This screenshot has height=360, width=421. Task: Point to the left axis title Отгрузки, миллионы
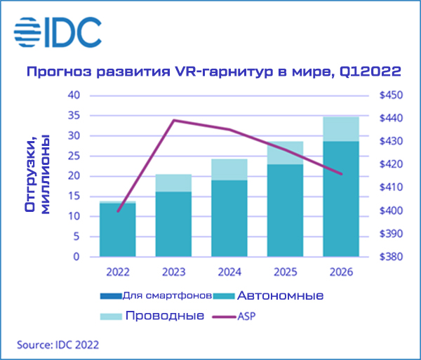36,175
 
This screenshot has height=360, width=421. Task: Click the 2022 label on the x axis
117,272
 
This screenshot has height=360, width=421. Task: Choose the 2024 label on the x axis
229,272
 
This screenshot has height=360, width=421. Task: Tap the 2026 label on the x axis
340,272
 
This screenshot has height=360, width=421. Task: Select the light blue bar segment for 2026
340,129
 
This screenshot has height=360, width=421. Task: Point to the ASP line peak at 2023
173,120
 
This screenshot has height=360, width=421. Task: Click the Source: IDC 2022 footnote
58,345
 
